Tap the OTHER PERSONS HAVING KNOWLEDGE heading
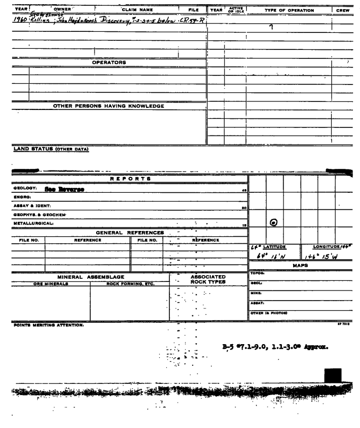(108, 106)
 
